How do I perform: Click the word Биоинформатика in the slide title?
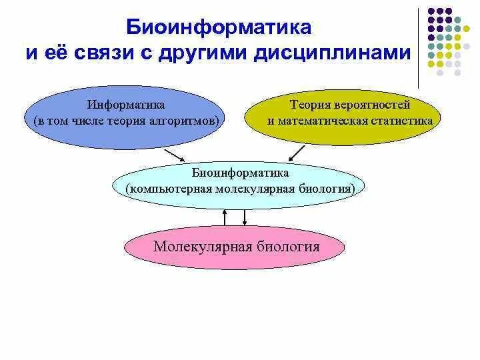pyautogui.click(x=219, y=27)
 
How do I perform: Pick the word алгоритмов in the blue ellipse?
pyautogui.click(x=191, y=121)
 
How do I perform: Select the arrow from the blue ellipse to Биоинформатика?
pyautogui.click(x=174, y=153)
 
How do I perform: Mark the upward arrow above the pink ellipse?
pyautogui.click(x=225, y=217)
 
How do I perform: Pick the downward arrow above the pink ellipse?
pyautogui.click(x=245, y=217)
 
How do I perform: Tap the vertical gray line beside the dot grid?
pyautogui.click(x=419, y=47)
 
